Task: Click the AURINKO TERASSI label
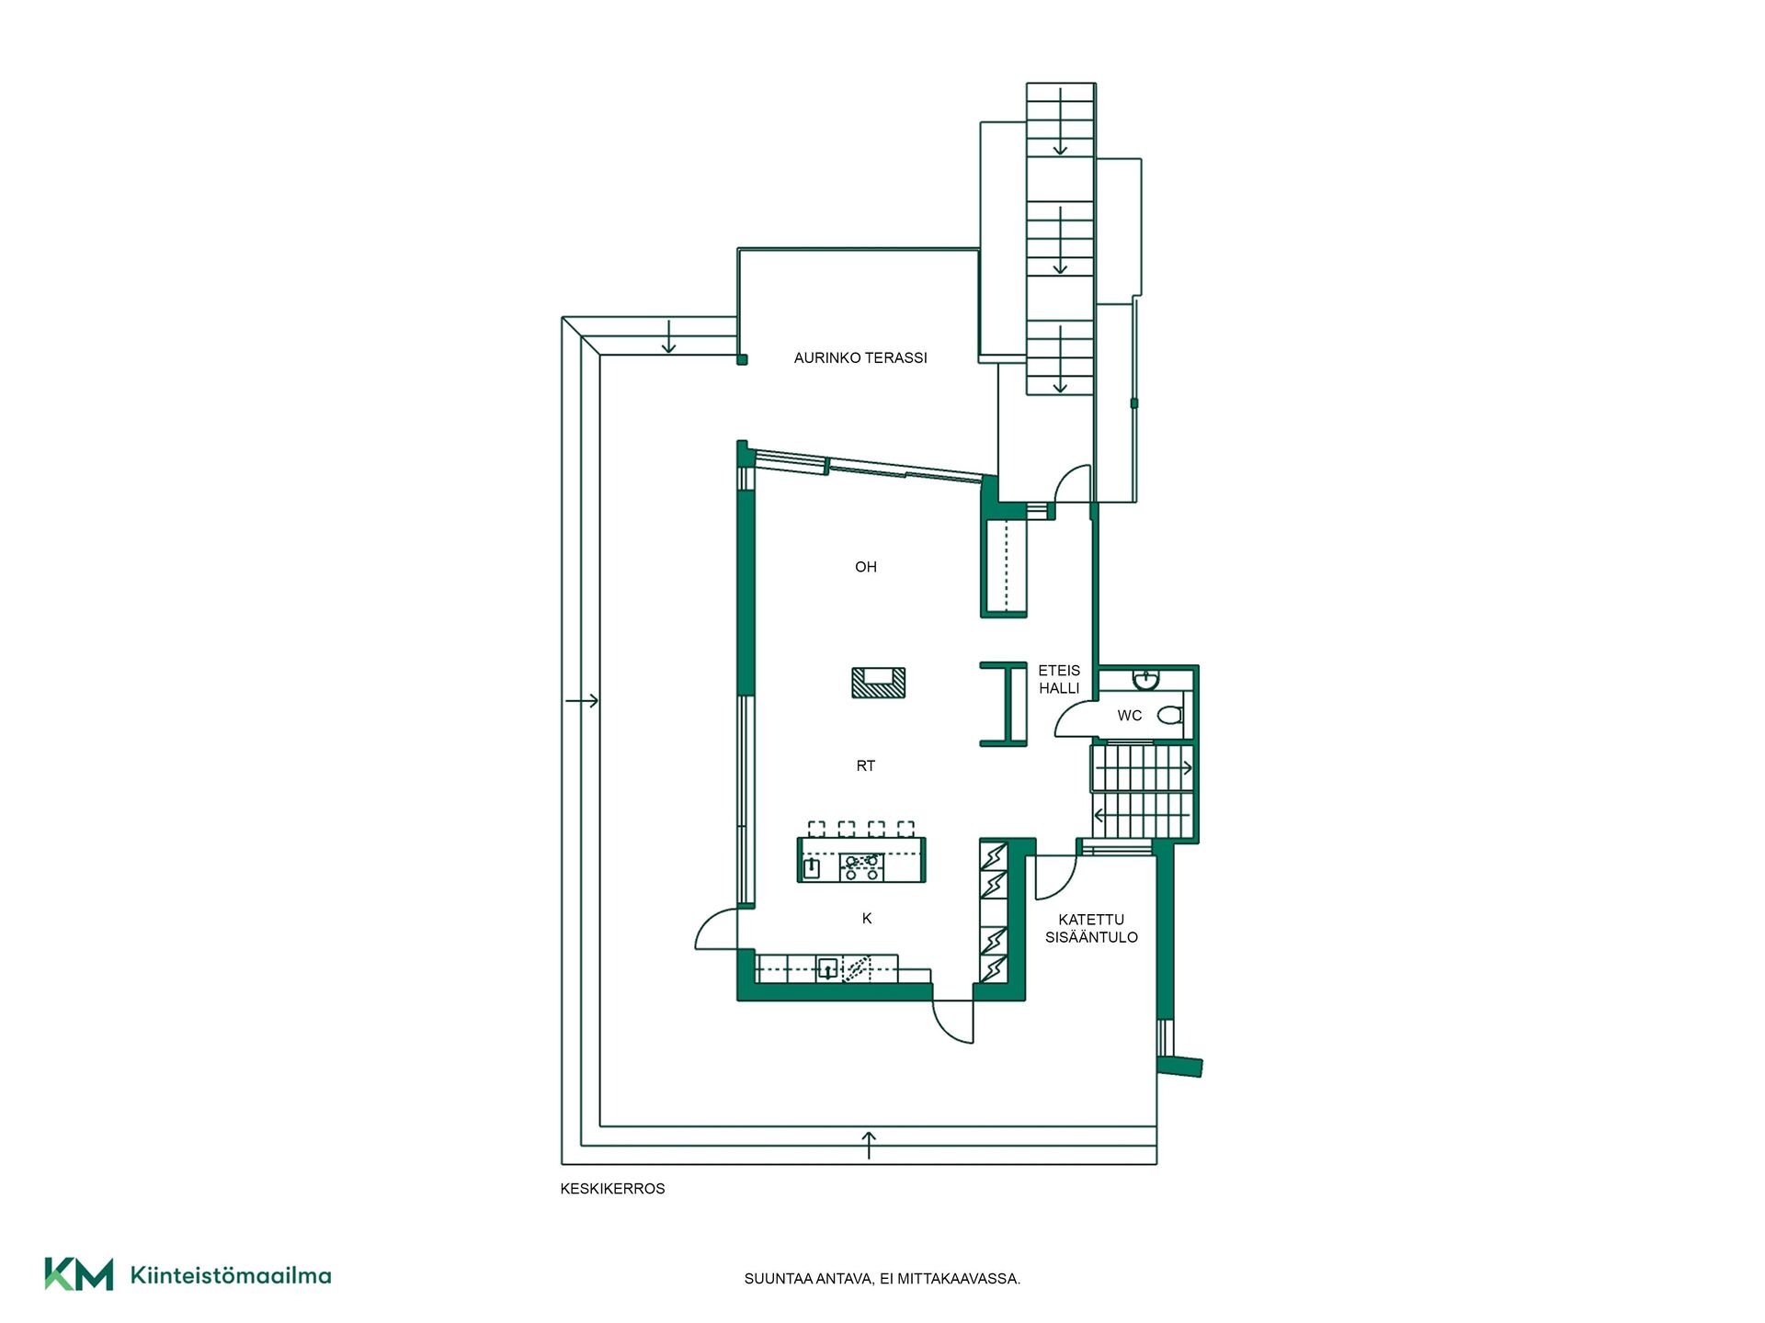tap(860, 358)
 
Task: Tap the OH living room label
tap(866, 567)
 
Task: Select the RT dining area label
tap(866, 765)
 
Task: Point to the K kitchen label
tap(867, 918)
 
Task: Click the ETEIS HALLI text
tap(1059, 679)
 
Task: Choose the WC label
tap(1130, 715)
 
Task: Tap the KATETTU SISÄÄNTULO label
tap(1091, 928)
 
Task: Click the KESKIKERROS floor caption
tap(612, 1189)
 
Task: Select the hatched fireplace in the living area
tap(879, 683)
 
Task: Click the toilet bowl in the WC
tap(1170, 715)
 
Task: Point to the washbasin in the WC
tap(1145, 680)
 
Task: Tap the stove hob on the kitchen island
tap(861, 867)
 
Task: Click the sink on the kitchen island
tap(812, 868)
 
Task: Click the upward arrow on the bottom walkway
tap(869, 1146)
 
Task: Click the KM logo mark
tap(79, 1274)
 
